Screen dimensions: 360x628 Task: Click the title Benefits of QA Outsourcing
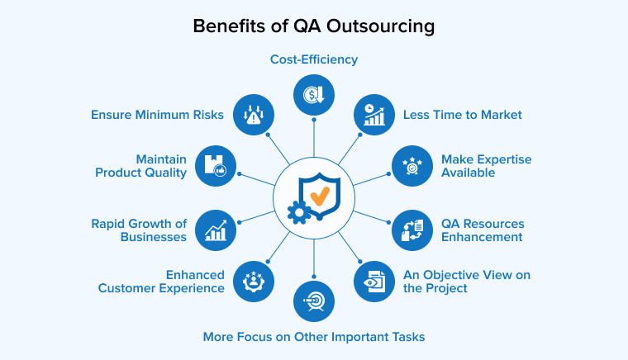[x=314, y=26]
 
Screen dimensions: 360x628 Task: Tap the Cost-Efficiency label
[x=314, y=59]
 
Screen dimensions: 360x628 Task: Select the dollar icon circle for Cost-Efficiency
[x=314, y=95]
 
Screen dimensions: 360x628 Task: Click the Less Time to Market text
[x=462, y=115]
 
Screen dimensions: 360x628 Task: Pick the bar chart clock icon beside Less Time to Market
[x=374, y=115]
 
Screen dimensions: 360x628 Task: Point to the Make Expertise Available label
[x=486, y=166]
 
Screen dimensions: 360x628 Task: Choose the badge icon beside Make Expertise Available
[x=412, y=166]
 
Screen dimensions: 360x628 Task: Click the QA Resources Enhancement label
[x=483, y=230]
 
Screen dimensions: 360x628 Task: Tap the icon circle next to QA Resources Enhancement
[x=412, y=230]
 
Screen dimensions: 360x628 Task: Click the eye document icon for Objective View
[x=374, y=281]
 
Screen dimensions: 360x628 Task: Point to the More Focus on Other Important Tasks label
[x=314, y=336]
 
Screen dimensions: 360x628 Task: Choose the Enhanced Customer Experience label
[x=161, y=281]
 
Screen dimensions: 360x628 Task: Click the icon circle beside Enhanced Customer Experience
[x=253, y=281]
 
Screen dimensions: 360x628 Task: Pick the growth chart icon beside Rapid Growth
[x=216, y=230]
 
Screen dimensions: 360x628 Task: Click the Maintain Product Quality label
[x=140, y=166]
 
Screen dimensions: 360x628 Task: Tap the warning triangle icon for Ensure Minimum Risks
[x=253, y=115]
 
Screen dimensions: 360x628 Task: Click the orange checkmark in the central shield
[x=319, y=196]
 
